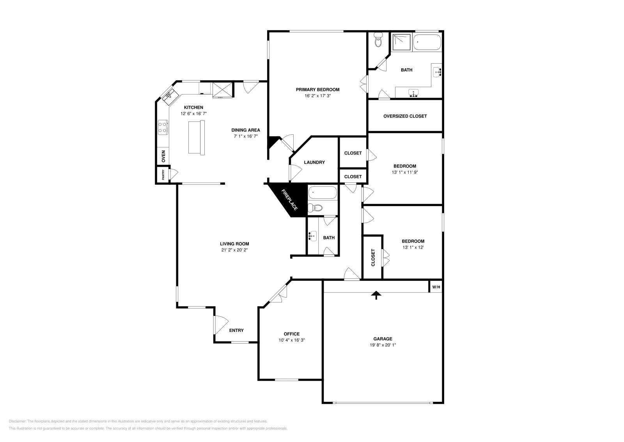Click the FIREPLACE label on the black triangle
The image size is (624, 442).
click(x=290, y=200)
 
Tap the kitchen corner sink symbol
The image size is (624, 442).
click(x=170, y=95)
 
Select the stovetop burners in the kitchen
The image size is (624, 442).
click(x=163, y=128)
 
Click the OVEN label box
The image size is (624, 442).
click(x=163, y=156)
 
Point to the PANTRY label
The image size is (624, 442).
click(x=163, y=175)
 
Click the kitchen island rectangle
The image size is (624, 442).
click(x=197, y=137)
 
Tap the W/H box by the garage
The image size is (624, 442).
click(x=436, y=287)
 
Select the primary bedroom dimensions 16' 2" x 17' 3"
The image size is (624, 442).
click(x=317, y=96)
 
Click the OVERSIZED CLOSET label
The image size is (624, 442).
click(x=405, y=116)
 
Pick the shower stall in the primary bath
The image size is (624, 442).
click(x=401, y=42)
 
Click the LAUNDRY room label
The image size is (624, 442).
click(x=314, y=162)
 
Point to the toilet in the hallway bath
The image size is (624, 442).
click(x=317, y=208)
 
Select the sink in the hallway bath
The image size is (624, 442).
click(x=312, y=236)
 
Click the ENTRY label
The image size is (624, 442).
click(x=236, y=330)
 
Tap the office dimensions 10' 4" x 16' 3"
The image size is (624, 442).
click(x=291, y=340)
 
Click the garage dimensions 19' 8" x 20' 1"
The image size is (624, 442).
click(x=382, y=345)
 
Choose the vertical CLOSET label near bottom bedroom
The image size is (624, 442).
click(x=373, y=257)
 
